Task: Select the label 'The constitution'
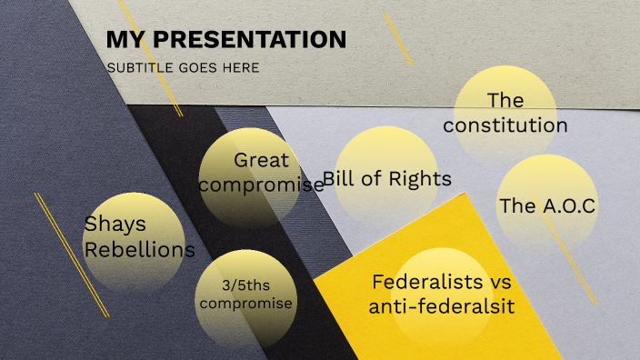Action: [505, 113]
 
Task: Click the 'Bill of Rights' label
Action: [387, 178]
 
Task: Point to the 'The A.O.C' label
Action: [547, 205]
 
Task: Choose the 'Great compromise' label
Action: [261, 172]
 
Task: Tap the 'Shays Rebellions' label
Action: [139, 236]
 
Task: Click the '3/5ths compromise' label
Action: [245, 295]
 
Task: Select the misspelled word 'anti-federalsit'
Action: [442, 307]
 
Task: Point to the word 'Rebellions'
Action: [139, 249]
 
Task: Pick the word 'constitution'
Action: [505, 125]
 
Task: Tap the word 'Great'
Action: [261, 160]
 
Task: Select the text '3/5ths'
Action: [245, 285]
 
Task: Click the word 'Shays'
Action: [115, 224]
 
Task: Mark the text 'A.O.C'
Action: [565, 205]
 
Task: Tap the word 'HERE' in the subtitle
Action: [242, 67]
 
